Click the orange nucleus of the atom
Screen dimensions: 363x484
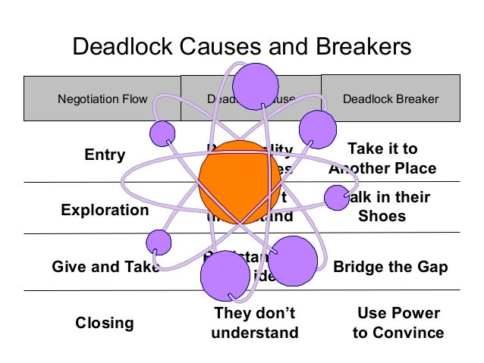[238, 181]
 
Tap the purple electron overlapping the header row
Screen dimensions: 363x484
[256, 84]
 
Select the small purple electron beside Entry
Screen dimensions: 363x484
[163, 134]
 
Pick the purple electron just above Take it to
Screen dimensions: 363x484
[317, 130]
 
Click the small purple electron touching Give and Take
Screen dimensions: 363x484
[159, 243]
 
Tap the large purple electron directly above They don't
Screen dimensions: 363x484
[225, 276]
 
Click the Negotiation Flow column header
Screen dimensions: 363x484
[102, 99]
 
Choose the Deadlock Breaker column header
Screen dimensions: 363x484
[391, 99]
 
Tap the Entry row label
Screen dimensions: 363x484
[105, 155]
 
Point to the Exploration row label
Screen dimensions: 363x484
[105, 210]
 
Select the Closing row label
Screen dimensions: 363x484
[105, 323]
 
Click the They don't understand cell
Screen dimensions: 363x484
[255, 323]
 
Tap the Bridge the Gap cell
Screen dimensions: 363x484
[391, 267]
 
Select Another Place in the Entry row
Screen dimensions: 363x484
[382, 168]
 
